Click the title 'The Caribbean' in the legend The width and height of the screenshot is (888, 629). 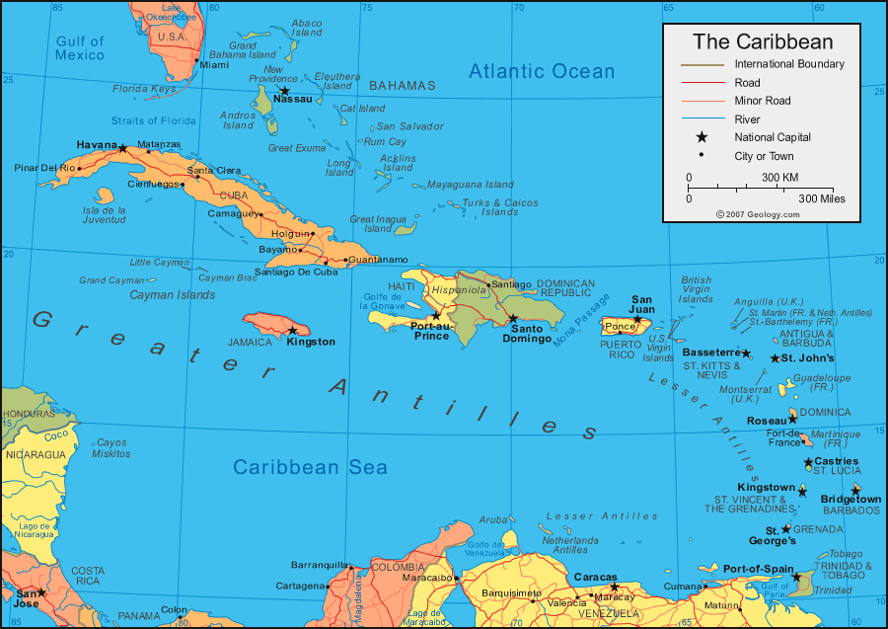pos(762,41)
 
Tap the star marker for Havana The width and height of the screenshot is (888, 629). pos(122,148)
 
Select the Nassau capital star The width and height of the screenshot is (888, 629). pos(284,91)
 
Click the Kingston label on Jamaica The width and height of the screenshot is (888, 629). pos(311,342)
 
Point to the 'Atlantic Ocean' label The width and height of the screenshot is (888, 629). pos(541,71)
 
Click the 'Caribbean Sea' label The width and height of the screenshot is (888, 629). pos(311,467)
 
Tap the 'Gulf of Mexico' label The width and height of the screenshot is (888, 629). pos(80,48)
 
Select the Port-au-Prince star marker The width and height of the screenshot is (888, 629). pos(436,316)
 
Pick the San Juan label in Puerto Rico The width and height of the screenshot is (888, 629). pos(642,303)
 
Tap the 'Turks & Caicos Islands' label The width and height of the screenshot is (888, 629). pos(500,207)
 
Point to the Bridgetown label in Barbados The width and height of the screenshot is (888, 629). pos(851,500)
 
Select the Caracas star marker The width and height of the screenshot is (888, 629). pos(614,587)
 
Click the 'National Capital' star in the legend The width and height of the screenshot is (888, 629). pos(702,137)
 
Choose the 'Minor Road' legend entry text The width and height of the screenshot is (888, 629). pos(762,101)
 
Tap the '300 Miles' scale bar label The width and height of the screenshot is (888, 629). pos(821,198)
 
